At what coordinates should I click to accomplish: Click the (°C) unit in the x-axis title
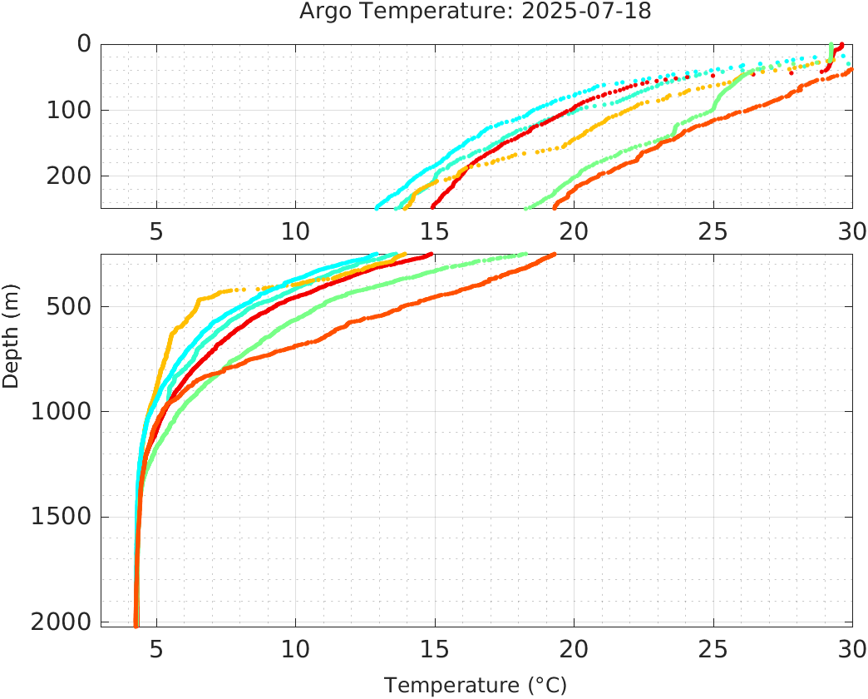[x=549, y=686]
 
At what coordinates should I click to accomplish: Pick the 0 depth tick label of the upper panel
[x=84, y=44]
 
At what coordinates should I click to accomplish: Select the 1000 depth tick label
[x=61, y=411]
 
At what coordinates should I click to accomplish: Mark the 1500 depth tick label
[x=61, y=517]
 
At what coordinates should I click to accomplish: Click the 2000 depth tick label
[x=61, y=622]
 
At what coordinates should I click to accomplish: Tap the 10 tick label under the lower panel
[x=295, y=649]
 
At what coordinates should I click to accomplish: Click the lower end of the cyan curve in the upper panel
[x=377, y=207]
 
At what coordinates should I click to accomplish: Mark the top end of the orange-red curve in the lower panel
[x=554, y=255]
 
